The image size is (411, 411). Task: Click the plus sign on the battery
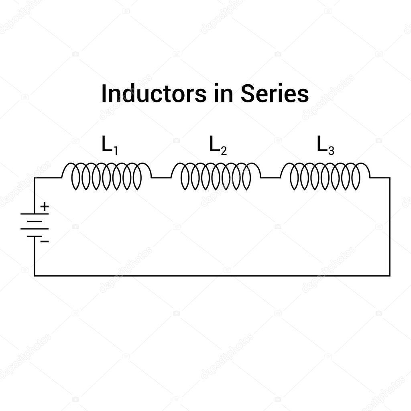click(x=45, y=207)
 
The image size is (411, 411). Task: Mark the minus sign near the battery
click(x=45, y=241)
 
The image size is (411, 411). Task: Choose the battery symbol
click(x=35, y=225)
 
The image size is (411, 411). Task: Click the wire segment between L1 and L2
click(x=161, y=177)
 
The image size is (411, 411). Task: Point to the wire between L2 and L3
click(x=271, y=177)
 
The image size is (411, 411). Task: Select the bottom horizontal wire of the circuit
click(x=212, y=276)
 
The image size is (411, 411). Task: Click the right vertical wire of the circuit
click(x=390, y=227)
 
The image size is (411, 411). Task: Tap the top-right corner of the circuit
click(x=390, y=177)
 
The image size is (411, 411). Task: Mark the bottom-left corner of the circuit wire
click(x=35, y=276)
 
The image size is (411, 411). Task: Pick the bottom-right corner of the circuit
click(x=390, y=276)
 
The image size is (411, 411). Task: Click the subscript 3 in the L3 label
click(x=331, y=151)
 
